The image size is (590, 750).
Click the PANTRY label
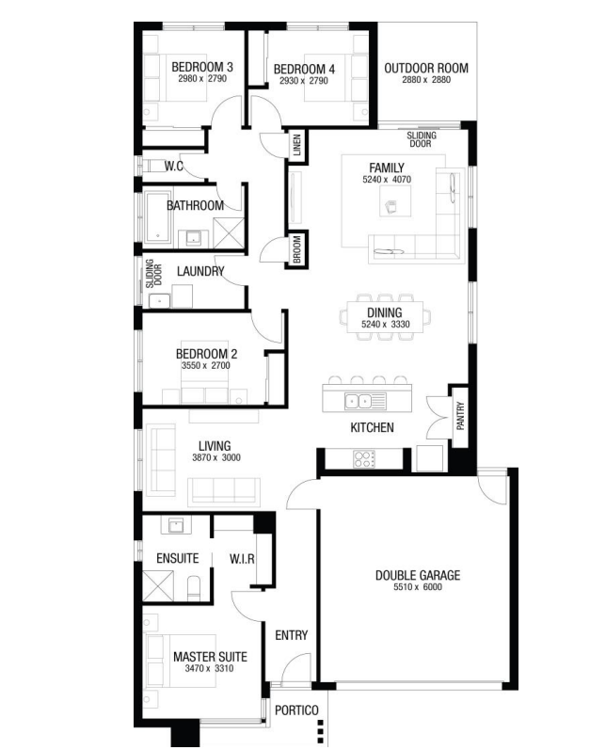460,416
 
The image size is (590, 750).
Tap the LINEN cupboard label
297,145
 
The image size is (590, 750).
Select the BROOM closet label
297,248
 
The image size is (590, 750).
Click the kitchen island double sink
359,400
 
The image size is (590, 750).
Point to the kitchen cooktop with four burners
364,459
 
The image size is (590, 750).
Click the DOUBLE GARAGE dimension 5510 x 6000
418,587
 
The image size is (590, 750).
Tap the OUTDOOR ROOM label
426,68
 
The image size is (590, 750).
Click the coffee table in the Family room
395,200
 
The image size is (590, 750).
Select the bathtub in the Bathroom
157,217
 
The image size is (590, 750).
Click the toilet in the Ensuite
194,588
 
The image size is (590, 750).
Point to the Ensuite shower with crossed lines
158,586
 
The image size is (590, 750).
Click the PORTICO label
296,710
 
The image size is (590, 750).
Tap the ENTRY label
291,635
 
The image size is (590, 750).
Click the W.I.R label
242,559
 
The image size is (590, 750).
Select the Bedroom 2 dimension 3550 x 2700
205,365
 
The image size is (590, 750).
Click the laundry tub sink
159,301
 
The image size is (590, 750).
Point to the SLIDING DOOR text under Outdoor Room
422,139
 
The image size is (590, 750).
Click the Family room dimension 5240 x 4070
387,180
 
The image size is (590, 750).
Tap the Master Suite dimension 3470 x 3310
210,668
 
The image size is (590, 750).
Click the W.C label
173,166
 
